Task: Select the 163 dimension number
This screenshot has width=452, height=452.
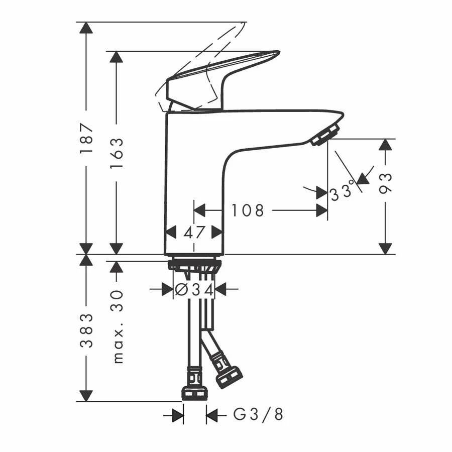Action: coord(117,153)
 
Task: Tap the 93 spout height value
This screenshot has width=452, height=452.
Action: coord(386,183)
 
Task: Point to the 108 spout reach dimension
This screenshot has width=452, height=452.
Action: coord(248,210)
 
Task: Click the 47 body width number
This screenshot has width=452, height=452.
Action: coord(194,233)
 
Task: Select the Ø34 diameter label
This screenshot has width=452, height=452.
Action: coord(194,289)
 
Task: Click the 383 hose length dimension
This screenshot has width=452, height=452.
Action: coord(86,330)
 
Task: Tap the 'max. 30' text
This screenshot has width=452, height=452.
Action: coord(118,327)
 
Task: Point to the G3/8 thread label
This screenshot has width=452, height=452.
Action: coord(258,415)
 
